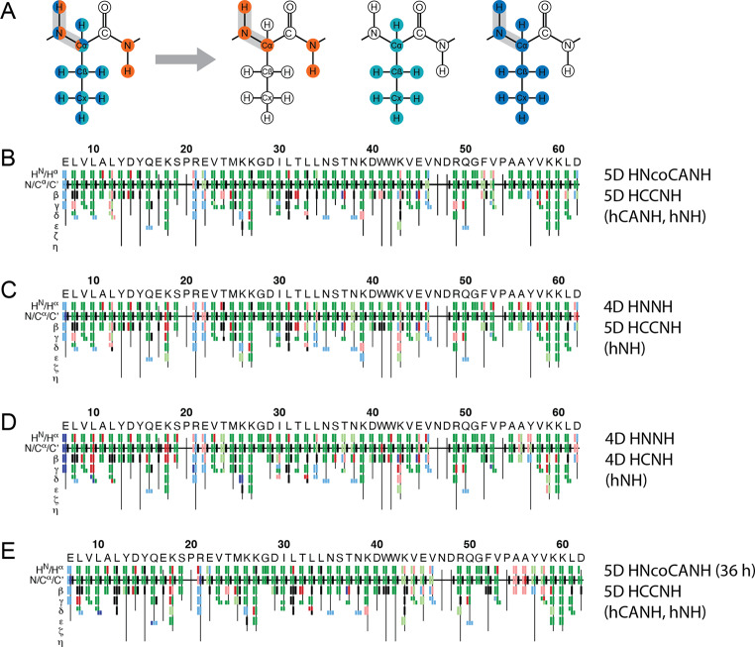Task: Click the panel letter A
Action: click(9, 8)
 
